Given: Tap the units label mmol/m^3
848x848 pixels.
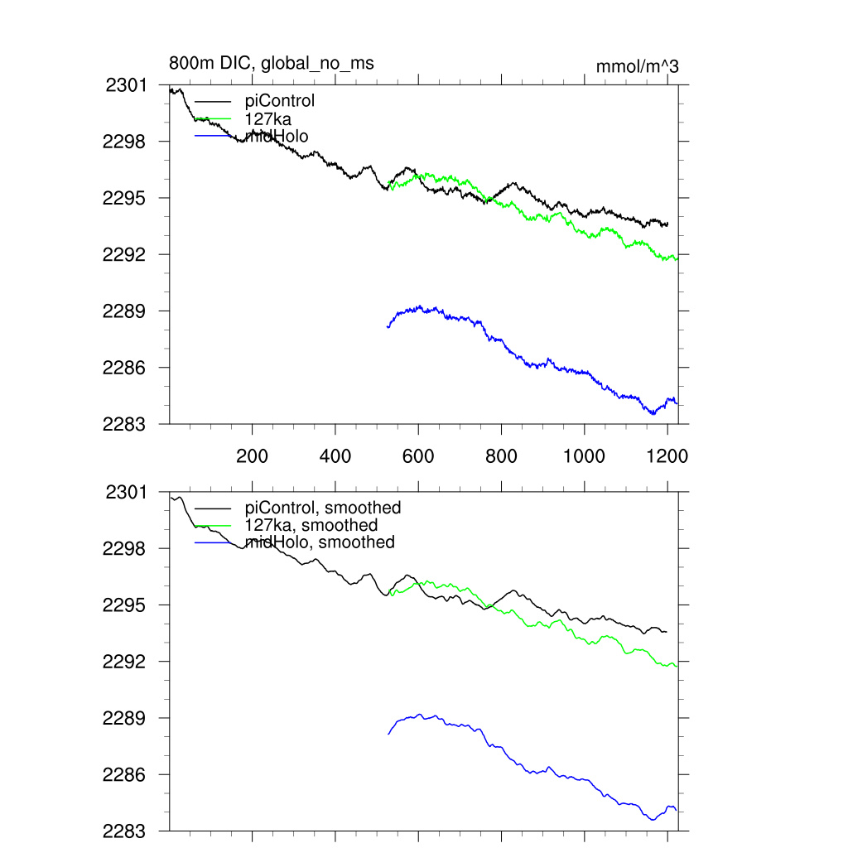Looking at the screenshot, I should click(x=637, y=66).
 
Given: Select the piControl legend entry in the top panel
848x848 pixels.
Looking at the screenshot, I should click(x=280, y=101).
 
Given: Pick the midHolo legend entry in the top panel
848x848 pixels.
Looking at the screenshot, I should click(x=277, y=136).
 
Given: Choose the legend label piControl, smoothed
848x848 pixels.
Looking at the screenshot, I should click(x=323, y=508).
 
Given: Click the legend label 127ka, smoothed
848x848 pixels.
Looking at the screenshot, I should click(x=311, y=525).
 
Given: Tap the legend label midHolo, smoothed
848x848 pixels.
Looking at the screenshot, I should click(x=320, y=542).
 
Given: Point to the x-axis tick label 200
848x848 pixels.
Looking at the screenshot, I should click(x=252, y=455).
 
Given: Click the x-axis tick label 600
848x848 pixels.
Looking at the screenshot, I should click(x=418, y=455).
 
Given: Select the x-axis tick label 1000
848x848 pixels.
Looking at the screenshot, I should click(x=585, y=455).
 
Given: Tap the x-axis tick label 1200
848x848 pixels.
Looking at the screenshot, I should click(x=667, y=455).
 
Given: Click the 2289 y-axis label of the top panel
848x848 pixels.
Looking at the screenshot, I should click(x=124, y=311).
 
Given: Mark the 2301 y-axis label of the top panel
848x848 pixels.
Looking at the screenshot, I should click(x=127, y=84).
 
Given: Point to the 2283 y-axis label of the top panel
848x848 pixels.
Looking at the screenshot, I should click(x=124, y=424).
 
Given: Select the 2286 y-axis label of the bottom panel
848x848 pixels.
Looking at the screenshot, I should click(x=124, y=774).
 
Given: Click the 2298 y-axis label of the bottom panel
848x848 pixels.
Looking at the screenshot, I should click(x=124, y=548).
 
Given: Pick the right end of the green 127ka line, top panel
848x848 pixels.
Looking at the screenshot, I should click(x=677, y=259).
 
